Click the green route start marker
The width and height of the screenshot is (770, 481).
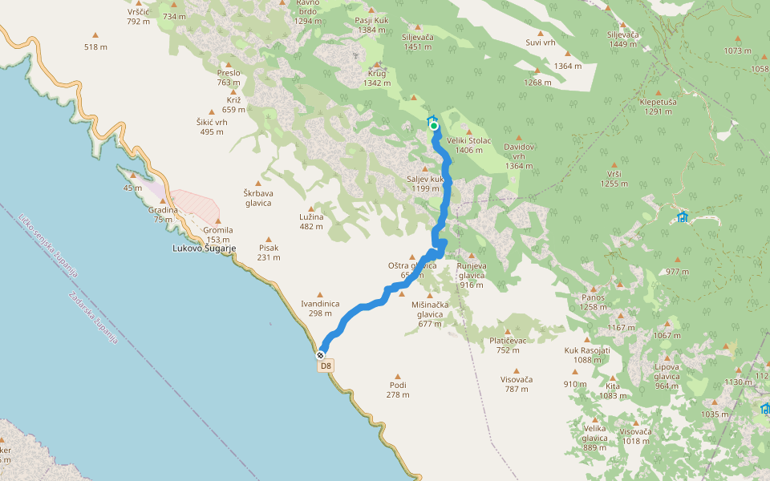[434, 125]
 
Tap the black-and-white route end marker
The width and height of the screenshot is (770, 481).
[321, 354]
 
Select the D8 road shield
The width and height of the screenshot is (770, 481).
[326, 366]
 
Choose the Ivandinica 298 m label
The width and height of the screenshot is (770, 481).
[320, 308]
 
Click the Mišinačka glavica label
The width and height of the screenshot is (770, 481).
[430, 313]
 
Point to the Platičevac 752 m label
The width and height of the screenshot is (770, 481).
[508, 345]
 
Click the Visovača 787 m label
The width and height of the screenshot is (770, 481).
[517, 384]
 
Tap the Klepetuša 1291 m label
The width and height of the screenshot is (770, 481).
[658, 107]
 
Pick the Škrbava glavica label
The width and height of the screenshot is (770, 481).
[257, 197]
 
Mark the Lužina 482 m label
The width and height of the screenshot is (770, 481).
[310, 221]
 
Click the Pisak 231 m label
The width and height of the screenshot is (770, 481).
[269, 253]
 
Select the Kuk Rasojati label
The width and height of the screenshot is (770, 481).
[587, 355]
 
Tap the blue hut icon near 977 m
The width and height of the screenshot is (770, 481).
[683, 216]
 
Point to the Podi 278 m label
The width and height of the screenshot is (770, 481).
[398, 389]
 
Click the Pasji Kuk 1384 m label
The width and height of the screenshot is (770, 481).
[372, 25]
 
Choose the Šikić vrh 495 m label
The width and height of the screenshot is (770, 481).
[212, 127]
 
